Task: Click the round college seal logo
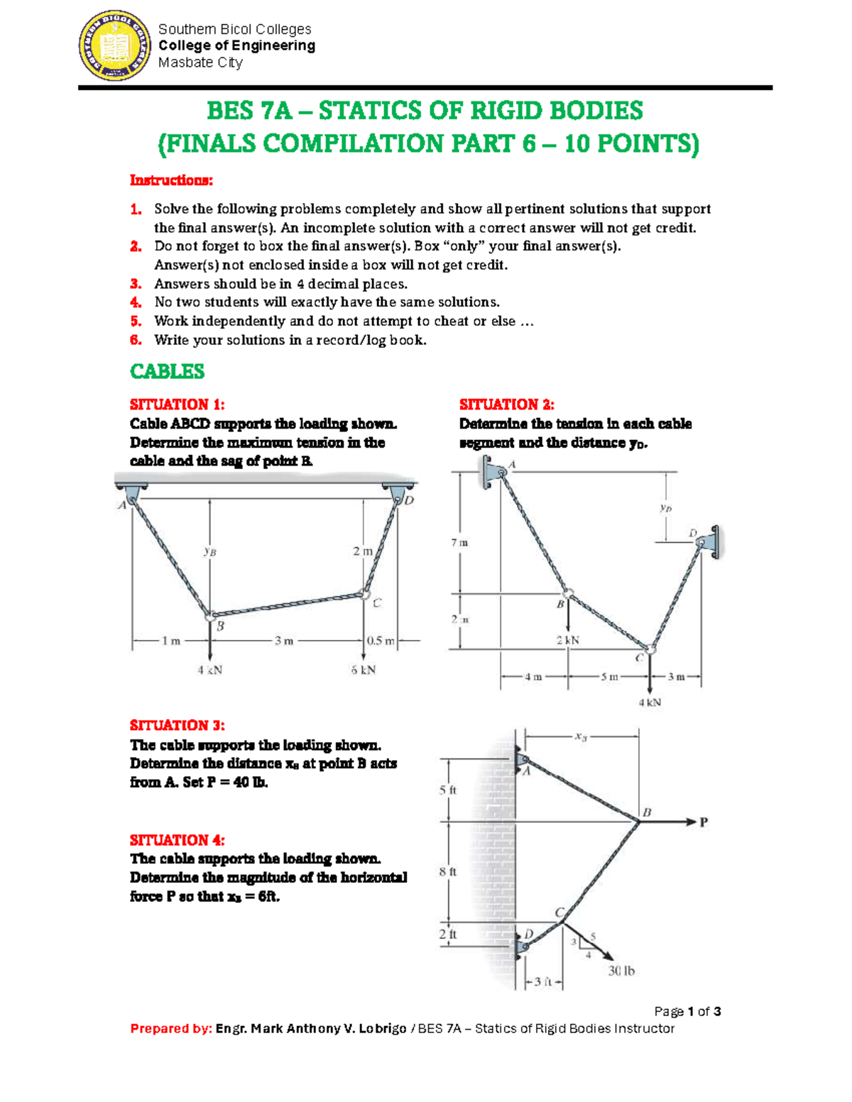pyautogui.click(x=114, y=45)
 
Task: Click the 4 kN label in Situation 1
pyautogui.click(x=210, y=670)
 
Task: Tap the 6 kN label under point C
pyautogui.click(x=364, y=670)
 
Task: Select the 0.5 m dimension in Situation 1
pyautogui.click(x=381, y=641)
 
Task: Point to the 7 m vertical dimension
pyautogui.click(x=459, y=543)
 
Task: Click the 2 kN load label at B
pyautogui.click(x=568, y=640)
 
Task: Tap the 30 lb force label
pyautogui.click(x=621, y=971)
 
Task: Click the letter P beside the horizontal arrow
pyautogui.click(x=704, y=822)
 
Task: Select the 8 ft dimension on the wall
pyautogui.click(x=448, y=871)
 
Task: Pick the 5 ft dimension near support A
pyautogui.click(x=448, y=790)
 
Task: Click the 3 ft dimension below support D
pyautogui.click(x=543, y=982)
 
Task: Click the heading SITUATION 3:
pyautogui.click(x=177, y=725)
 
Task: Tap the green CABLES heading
pyautogui.click(x=168, y=371)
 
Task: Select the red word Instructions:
pyautogui.click(x=171, y=180)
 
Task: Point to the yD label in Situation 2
pyautogui.click(x=665, y=508)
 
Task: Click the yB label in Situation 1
pyautogui.click(x=209, y=551)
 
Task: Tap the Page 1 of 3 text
pyautogui.click(x=687, y=1011)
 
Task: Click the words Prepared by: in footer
pyautogui.click(x=171, y=1028)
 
